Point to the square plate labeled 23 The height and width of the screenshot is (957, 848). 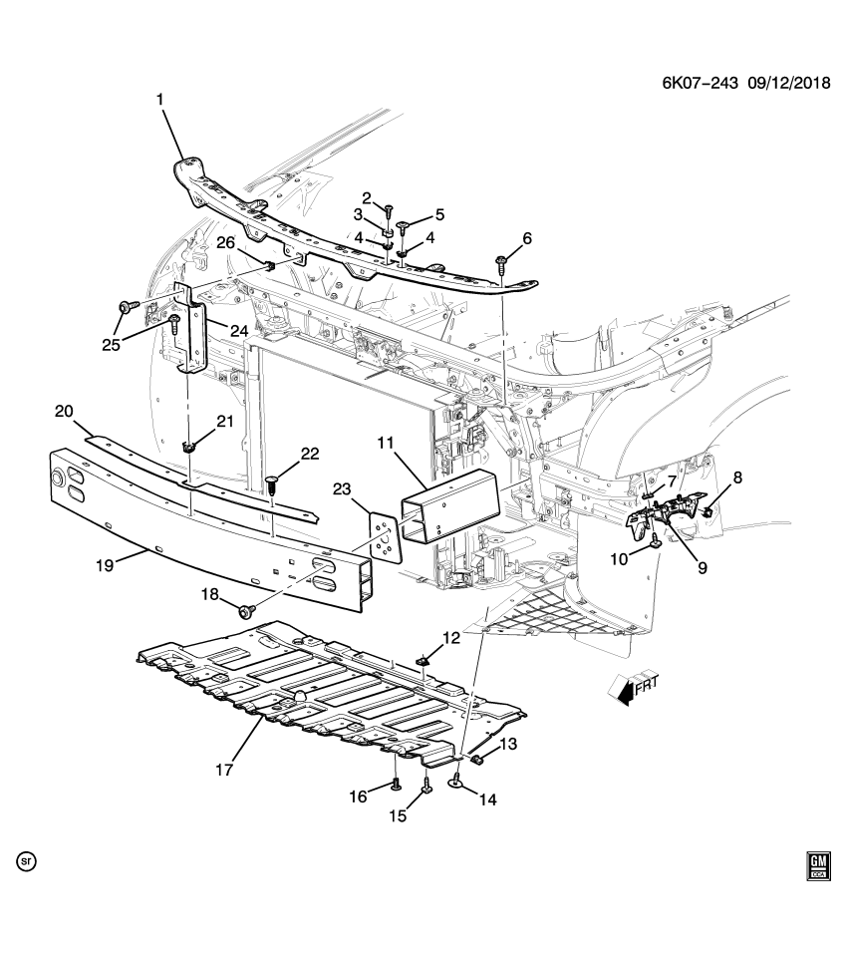(384, 535)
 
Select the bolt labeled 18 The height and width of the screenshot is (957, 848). (247, 608)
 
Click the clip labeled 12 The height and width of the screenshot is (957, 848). (424, 658)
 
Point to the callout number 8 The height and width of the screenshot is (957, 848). (737, 478)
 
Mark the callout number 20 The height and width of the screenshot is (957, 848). (64, 412)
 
